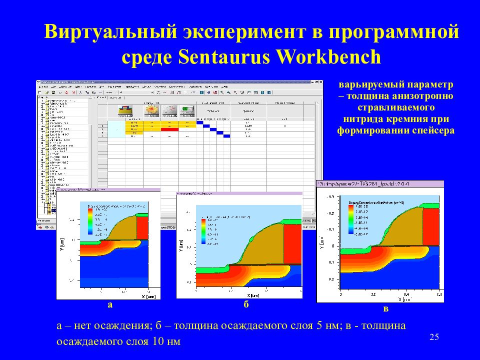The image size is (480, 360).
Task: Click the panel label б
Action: point(246,304)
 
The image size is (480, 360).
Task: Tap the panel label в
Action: point(385,308)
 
